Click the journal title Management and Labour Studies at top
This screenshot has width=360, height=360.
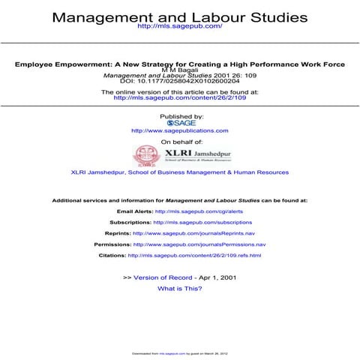coord(179,16)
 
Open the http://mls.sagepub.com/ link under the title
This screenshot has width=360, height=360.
coord(180,27)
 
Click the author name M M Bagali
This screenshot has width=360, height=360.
coord(179,70)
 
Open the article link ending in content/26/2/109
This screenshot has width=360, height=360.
coord(179,97)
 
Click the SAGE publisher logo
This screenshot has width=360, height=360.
coord(180,123)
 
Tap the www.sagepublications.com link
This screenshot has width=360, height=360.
coord(179,130)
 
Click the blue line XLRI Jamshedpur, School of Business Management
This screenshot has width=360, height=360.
coord(179,172)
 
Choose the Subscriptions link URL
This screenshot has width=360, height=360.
coord(202,223)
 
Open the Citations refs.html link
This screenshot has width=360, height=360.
coord(194,255)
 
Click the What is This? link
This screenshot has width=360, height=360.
coord(179,289)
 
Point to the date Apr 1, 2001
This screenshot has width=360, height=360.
coord(217,278)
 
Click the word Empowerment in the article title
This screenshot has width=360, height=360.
coord(82,64)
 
